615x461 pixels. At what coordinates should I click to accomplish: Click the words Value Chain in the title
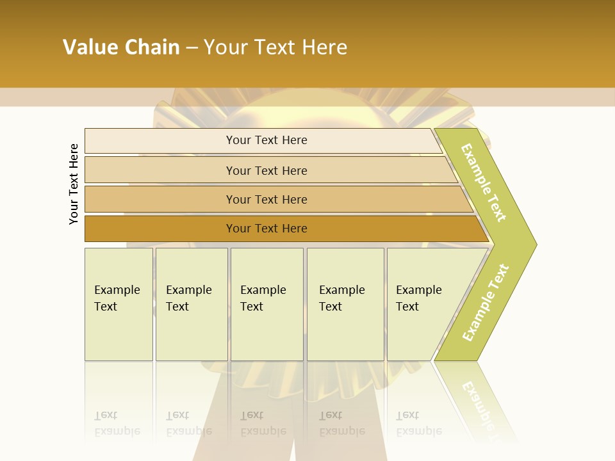121,47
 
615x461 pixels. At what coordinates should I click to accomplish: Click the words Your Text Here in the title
275,47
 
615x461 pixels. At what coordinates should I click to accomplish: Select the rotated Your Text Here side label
74,184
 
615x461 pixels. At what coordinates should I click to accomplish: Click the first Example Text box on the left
119,304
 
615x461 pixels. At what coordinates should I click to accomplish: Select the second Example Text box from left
192,304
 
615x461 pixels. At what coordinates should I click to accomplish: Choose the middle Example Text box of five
266,304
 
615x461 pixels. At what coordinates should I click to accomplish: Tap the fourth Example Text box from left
345,304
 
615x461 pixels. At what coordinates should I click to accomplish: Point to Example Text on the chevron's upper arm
484,182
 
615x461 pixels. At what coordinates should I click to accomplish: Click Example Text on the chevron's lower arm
486,302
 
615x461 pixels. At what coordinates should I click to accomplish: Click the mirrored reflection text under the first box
117,424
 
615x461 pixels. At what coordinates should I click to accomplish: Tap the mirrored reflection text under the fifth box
419,424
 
